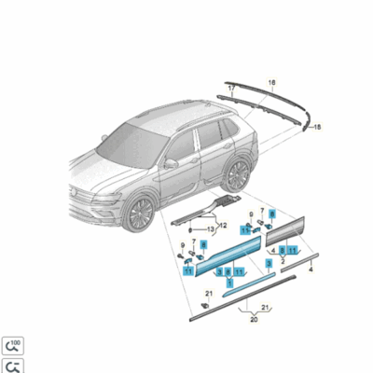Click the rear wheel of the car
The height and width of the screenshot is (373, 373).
pyautogui.click(x=238, y=173)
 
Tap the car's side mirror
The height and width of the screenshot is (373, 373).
pyautogui.click(x=171, y=163)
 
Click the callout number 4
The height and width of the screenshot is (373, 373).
pyautogui.click(x=310, y=268)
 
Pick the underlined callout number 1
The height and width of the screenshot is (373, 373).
pyautogui.click(x=230, y=282)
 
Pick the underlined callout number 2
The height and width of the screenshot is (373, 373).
pyautogui.click(x=283, y=260)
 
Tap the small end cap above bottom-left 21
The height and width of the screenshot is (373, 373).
pyautogui.click(x=206, y=306)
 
